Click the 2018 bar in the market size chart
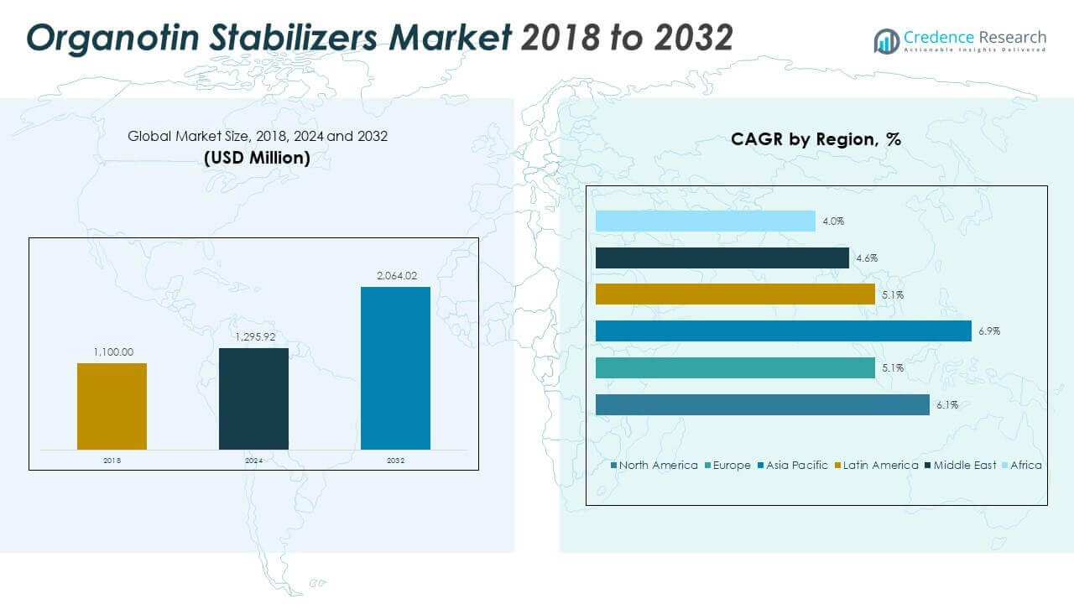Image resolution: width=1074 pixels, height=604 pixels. [112, 406]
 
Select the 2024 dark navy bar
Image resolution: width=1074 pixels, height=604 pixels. [253, 398]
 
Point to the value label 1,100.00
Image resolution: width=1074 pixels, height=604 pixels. [112, 353]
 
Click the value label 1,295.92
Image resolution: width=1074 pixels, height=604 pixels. [253, 338]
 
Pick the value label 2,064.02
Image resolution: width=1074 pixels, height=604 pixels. [395, 277]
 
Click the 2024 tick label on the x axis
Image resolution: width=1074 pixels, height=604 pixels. [253, 461]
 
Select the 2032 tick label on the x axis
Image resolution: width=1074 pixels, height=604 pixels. [395, 461]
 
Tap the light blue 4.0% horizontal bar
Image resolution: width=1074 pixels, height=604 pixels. [705, 221]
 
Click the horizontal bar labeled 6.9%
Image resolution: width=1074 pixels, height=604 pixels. [783, 331]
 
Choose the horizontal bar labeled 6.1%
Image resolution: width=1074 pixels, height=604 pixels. [762, 404]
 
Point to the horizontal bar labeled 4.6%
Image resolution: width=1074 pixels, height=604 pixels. [722, 258]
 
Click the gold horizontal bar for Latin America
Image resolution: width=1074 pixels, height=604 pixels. [735, 294]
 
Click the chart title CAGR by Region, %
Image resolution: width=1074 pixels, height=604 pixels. [816, 139]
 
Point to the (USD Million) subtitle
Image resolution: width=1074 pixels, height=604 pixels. [257, 157]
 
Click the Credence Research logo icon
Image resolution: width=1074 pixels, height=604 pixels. [886, 40]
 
